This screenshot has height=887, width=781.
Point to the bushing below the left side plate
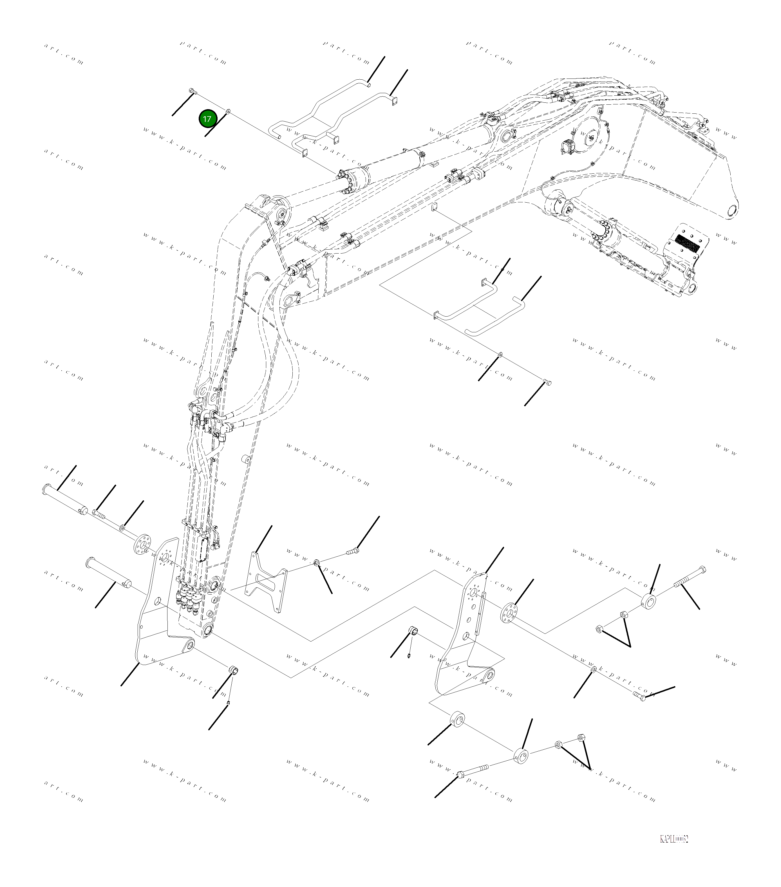234,683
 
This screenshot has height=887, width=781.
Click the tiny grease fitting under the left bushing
229,703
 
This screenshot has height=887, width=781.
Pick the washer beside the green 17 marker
229,111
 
